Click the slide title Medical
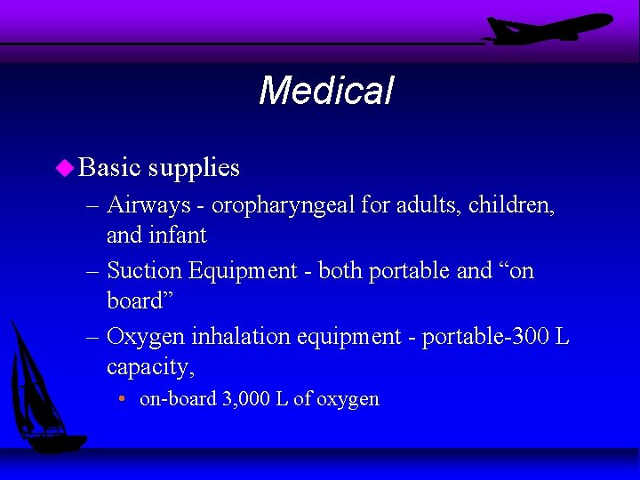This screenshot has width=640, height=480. point(325,91)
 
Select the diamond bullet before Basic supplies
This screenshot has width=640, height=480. point(64,167)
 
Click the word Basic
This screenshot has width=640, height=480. point(110,167)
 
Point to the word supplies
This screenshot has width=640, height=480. point(194,167)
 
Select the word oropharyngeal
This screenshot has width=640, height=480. point(283,205)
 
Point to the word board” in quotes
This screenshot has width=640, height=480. point(138,300)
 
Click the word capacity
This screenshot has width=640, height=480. point(150,367)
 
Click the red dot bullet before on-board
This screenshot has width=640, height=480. point(122,398)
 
